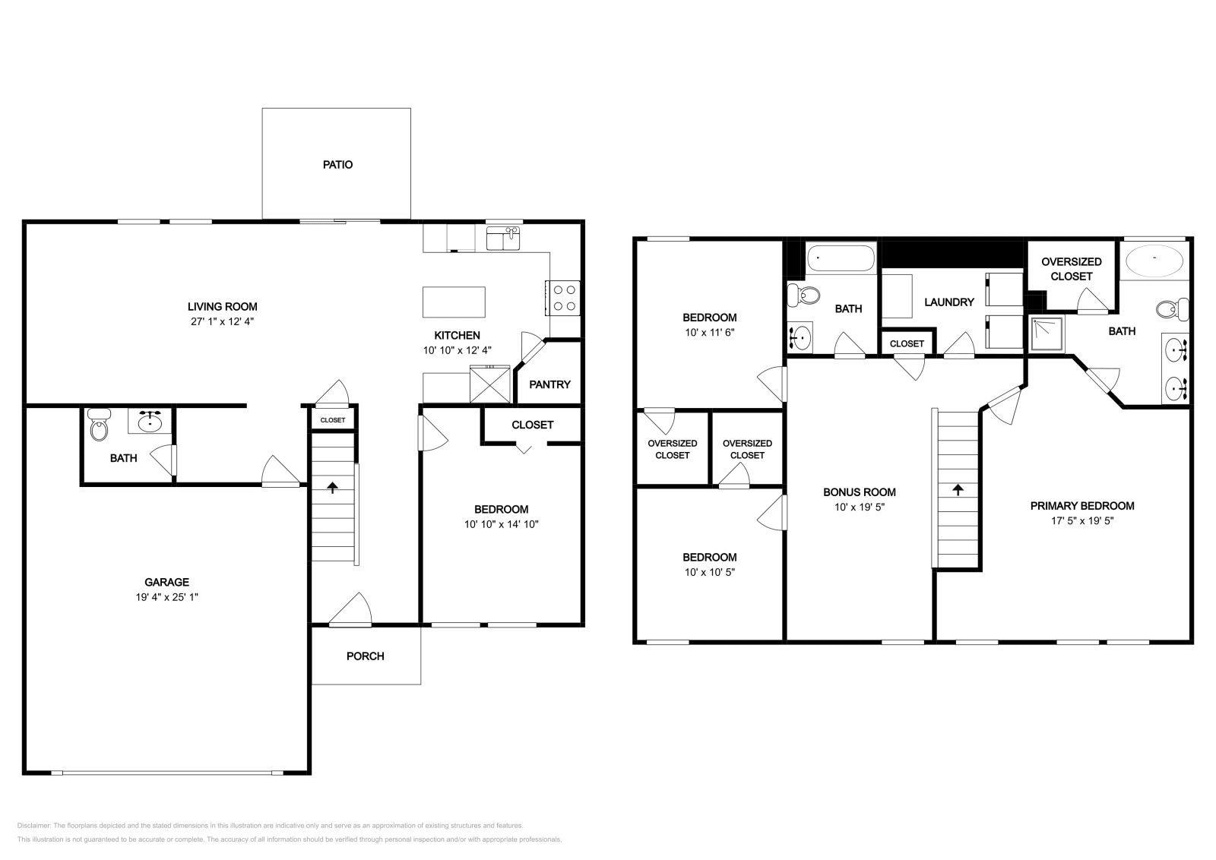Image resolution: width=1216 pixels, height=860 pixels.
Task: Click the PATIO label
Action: [x=337, y=165]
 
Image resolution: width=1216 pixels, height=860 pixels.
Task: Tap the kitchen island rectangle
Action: [x=454, y=302]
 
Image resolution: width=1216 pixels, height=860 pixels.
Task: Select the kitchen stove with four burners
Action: [x=562, y=298]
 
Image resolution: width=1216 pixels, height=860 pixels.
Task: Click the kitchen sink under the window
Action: [x=502, y=238]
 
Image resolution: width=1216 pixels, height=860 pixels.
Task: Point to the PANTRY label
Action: [x=549, y=384]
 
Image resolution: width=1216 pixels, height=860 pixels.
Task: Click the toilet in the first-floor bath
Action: [x=99, y=428]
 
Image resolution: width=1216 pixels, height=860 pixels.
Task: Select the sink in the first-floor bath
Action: [x=150, y=420]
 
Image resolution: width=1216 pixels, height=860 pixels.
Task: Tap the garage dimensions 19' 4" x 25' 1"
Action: [x=167, y=597]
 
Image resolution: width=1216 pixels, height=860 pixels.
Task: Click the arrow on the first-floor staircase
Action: [x=332, y=487]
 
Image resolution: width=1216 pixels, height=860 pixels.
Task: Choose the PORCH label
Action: [x=366, y=656]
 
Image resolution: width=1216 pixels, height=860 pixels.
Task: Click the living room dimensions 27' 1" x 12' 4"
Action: [x=223, y=321]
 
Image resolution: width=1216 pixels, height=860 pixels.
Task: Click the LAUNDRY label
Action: [x=948, y=302]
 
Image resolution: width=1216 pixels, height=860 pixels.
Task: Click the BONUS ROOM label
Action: [x=860, y=492]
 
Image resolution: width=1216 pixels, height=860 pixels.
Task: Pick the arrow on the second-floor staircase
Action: [x=957, y=490]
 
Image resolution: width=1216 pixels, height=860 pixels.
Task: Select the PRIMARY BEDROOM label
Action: [x=1082, y=506]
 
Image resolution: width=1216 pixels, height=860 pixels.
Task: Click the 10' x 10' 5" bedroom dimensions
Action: [x=710, y=572]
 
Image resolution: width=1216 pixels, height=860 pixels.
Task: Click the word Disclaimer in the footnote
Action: [x=33, y=825]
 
